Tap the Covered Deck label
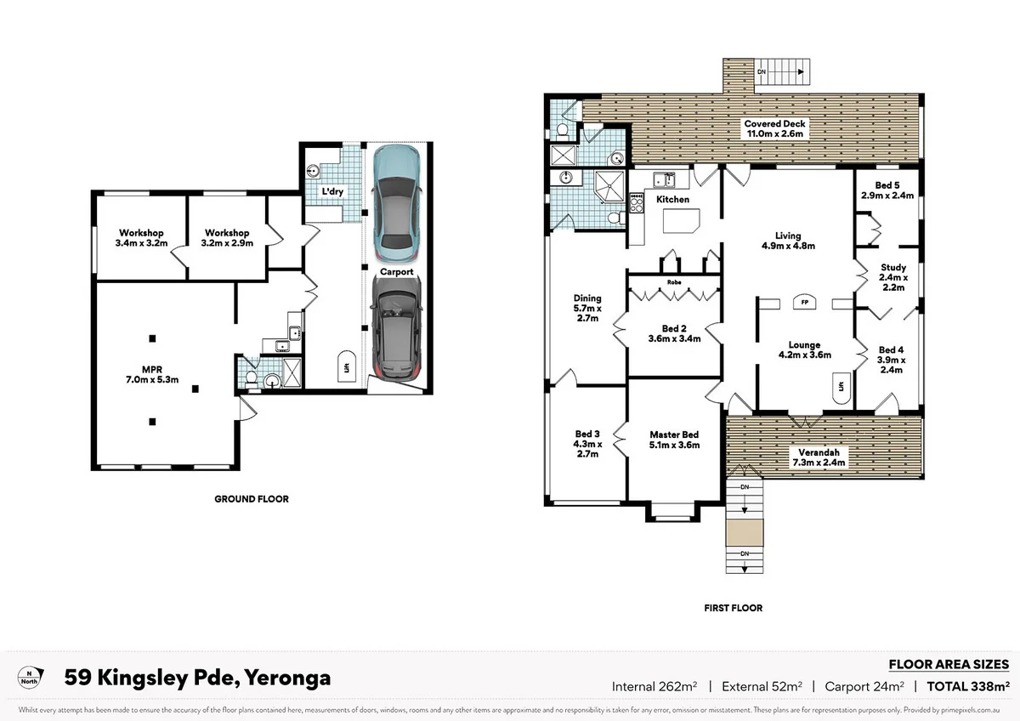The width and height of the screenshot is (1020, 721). click(775, 128)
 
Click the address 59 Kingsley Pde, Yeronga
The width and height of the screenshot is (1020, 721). click(197, 678)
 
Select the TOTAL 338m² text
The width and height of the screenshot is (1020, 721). click(967, 686)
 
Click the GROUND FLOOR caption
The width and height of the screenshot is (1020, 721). click(251, 499)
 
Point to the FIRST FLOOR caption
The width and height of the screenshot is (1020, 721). click(733, 608)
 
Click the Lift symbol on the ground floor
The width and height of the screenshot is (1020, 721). click(347, 367)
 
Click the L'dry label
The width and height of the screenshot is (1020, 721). click(332, 192)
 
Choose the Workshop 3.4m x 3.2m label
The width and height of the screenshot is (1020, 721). click(141, 238)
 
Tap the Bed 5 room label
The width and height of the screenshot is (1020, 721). click(887, 190)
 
